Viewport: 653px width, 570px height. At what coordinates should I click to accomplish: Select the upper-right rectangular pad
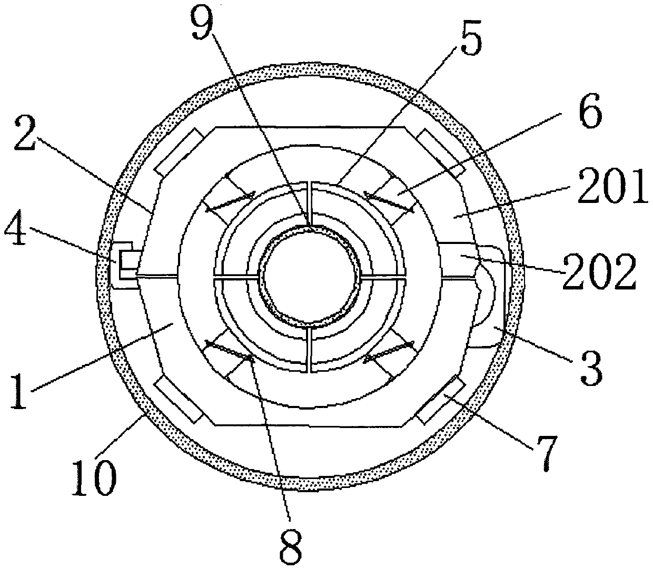click(441, 152)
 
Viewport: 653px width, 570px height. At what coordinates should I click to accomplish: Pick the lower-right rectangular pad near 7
click(441, 400)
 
